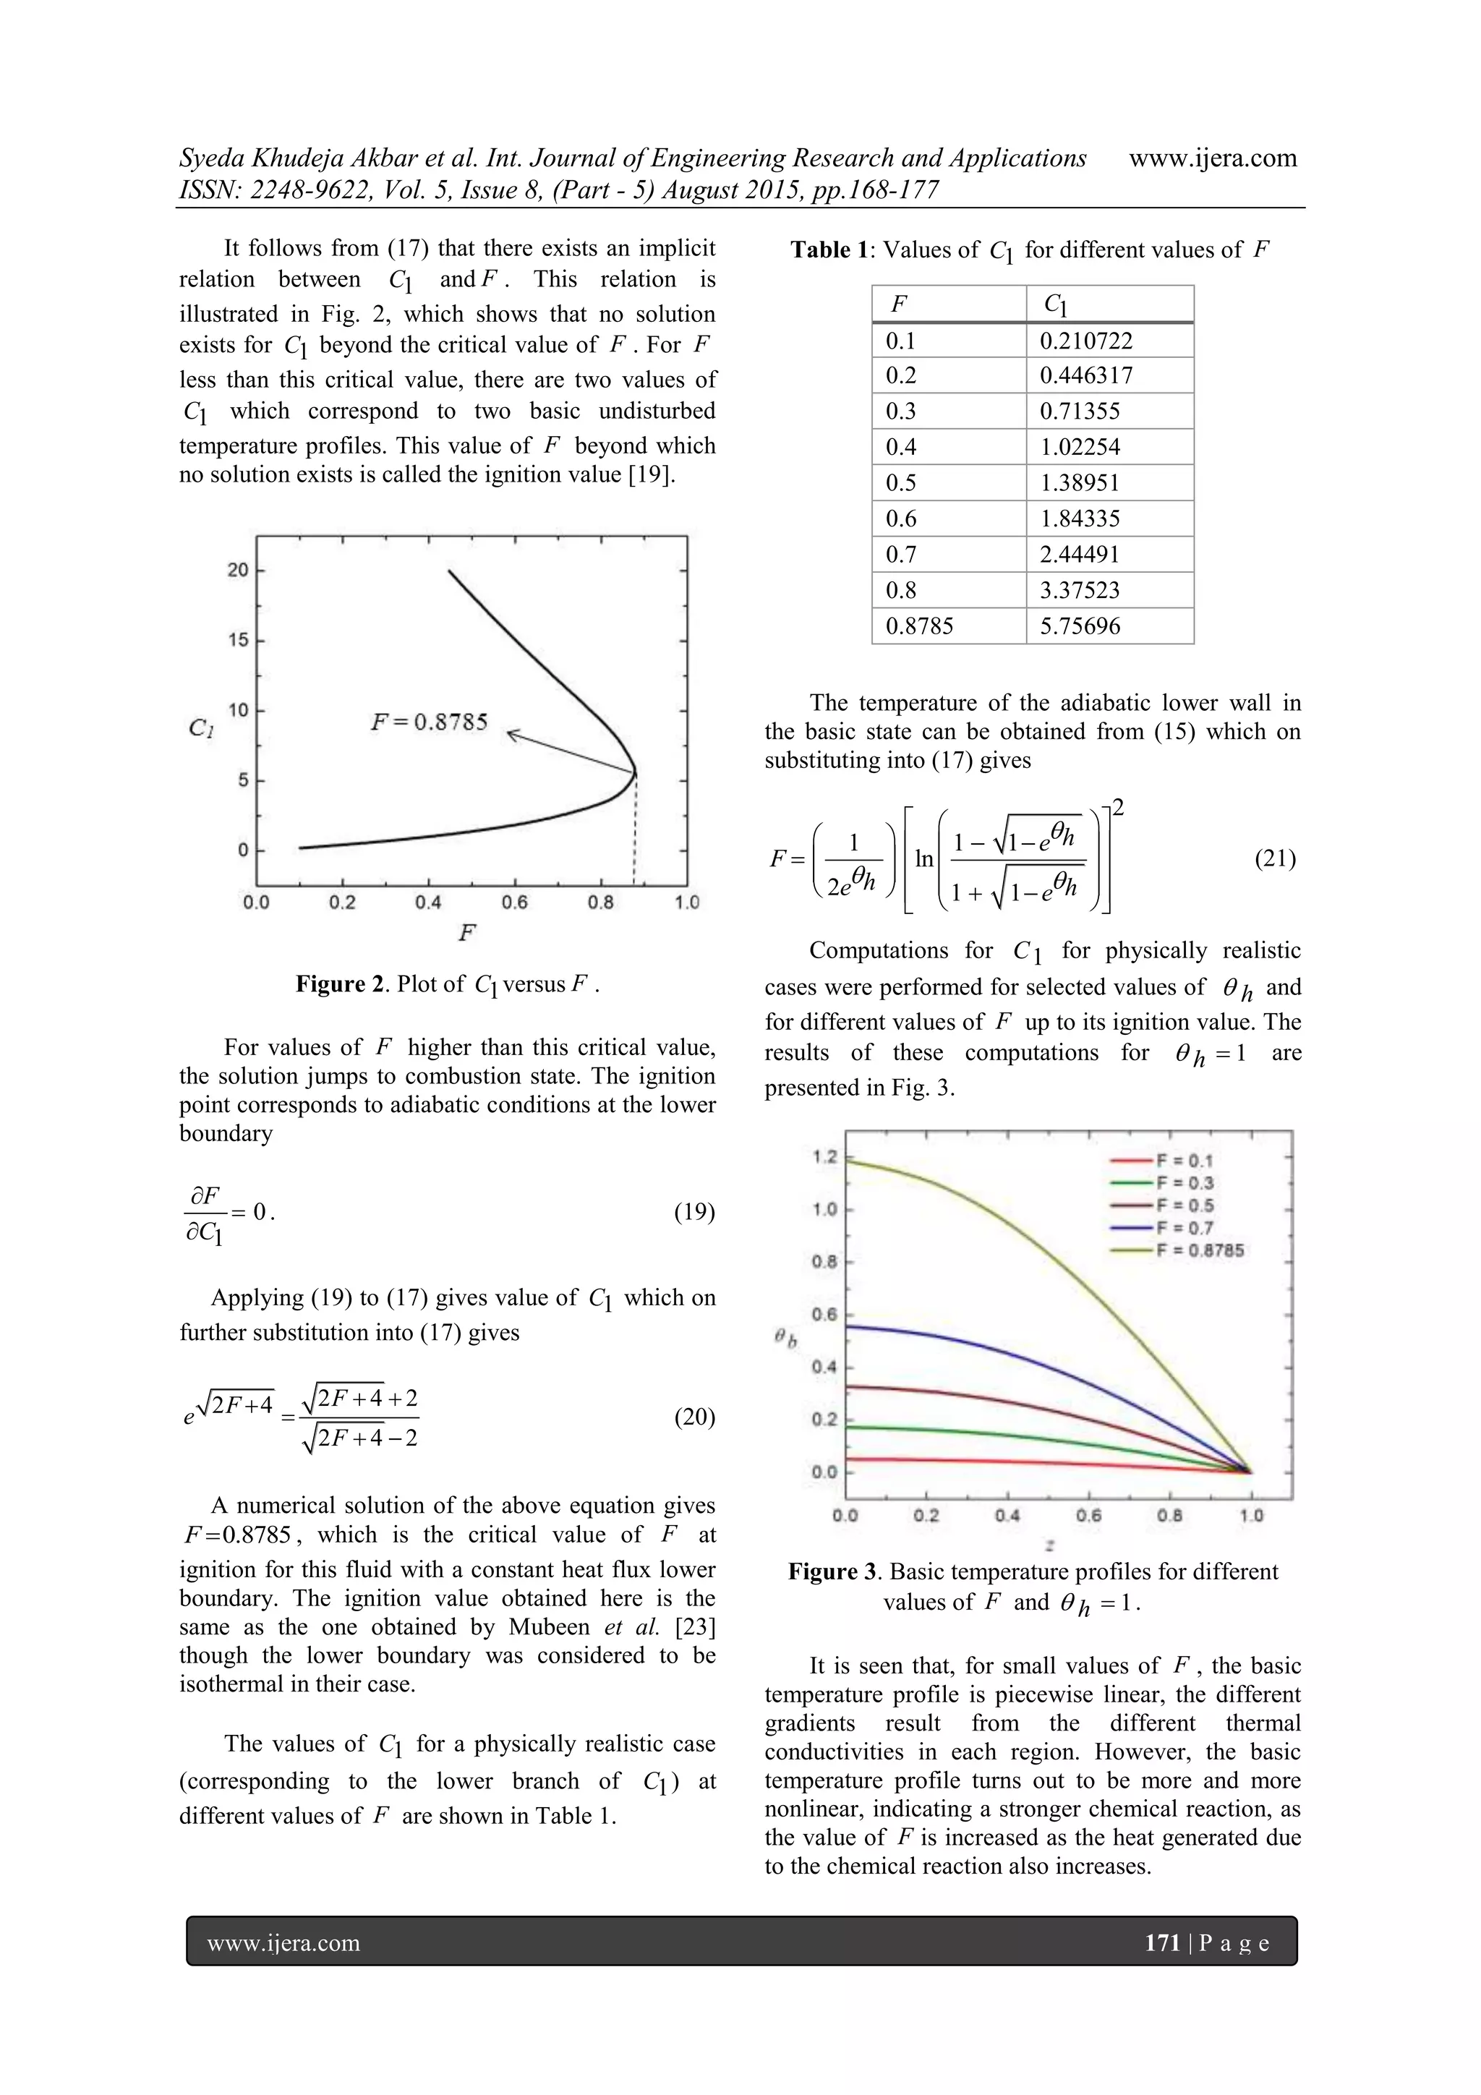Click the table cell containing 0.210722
(1086, 341)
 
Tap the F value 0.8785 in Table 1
(919, 626)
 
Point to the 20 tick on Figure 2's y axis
(237, 571)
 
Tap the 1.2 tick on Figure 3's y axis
(824, 1157)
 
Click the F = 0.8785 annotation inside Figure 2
(429, 722)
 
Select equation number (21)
(1275, 858)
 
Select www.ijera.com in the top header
(1213, 158)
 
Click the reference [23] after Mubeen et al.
(693, 1627)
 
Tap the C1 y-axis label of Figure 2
(202, 728)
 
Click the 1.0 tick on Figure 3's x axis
(1251, 1516)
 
